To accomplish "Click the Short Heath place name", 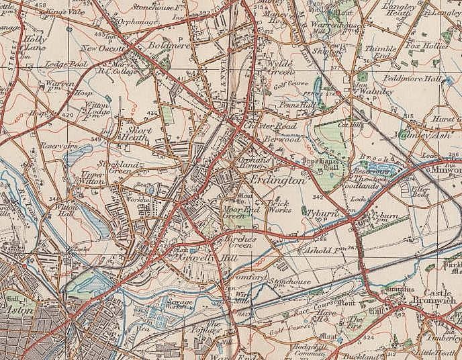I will tap(136, 132).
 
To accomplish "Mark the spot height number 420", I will tap(67, 115).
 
